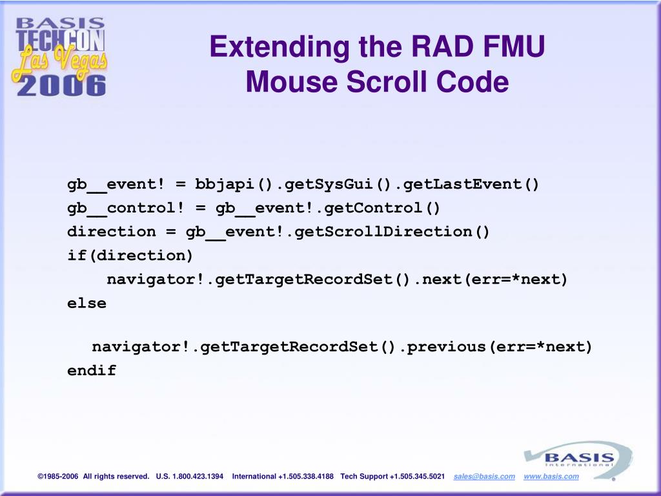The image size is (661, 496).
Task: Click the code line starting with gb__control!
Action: [254, 208]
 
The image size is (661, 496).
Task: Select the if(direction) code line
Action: [130, 255]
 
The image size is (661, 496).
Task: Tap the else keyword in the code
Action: [87, 302]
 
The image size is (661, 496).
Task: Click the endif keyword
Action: [92, 371]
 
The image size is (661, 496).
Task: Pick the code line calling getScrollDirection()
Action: [279, 231]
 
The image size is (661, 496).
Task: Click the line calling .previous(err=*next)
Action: [342, 347]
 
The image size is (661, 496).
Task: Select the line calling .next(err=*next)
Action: [337, 279]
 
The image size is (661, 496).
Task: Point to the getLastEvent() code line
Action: [303, 184]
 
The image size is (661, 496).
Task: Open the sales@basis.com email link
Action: [484, 477]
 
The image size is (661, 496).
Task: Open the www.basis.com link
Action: [551, 477]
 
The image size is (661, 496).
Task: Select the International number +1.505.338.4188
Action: [306, 477]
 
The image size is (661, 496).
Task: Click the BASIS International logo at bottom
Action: [577, 459]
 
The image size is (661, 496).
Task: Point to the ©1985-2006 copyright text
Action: [58, 477]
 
